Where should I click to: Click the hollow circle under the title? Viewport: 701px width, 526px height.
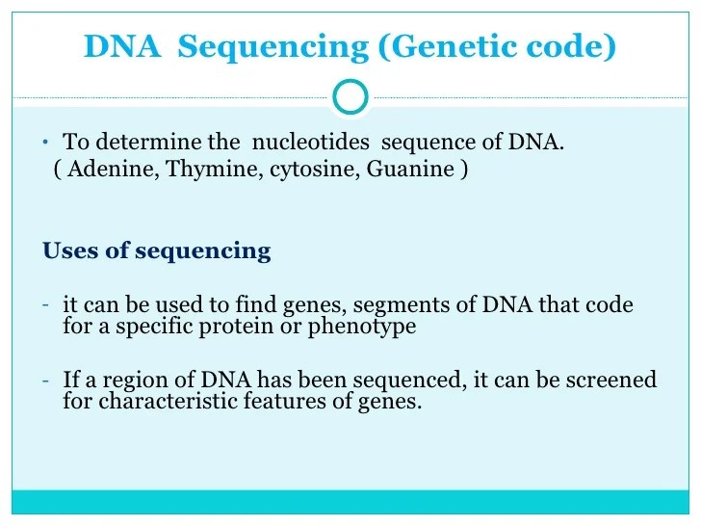click(350, 96)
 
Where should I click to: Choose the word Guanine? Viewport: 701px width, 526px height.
click(411, 170)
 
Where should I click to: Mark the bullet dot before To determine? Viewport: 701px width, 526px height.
click(44, 143)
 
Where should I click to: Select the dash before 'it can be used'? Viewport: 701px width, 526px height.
click(46, 304)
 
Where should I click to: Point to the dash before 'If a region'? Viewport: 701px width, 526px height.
click(46, 379)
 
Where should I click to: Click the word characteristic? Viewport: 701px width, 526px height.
click(158, 401)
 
